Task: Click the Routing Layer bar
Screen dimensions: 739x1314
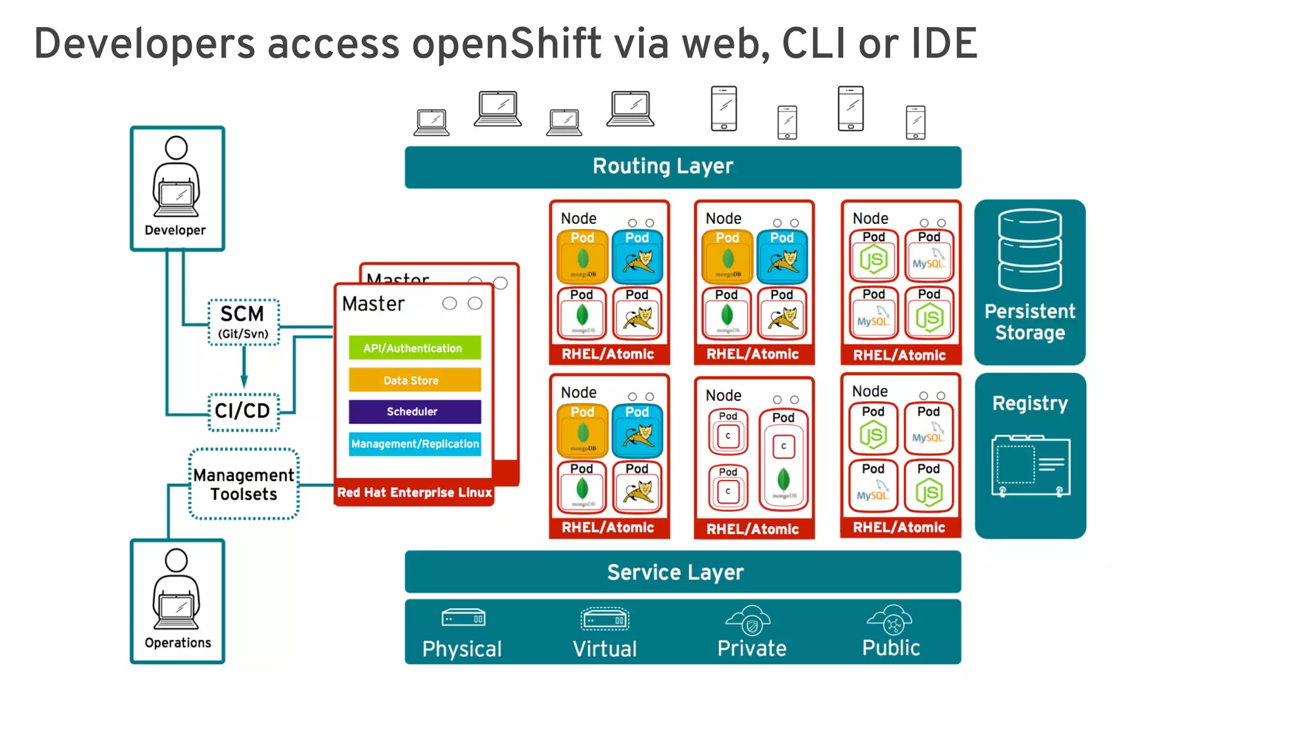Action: (683, 167)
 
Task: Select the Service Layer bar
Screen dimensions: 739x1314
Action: (683, 572)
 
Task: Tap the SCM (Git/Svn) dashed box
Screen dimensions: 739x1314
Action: (244, 322)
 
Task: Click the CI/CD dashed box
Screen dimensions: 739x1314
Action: (244, 411)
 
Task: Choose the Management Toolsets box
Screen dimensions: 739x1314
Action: (244, 484)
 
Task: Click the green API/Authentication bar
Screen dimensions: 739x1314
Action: (414, 348)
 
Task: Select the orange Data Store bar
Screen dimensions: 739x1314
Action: (414, 380)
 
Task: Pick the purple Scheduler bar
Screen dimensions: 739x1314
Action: (414, 411)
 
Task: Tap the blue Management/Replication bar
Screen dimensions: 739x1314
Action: (414, 443)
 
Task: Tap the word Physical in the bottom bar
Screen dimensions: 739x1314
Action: (462, 649)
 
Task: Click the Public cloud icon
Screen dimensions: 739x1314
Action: (891, 619)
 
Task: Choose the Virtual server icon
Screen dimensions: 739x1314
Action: (604, 619)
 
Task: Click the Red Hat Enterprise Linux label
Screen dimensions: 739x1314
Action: (414, 493)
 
